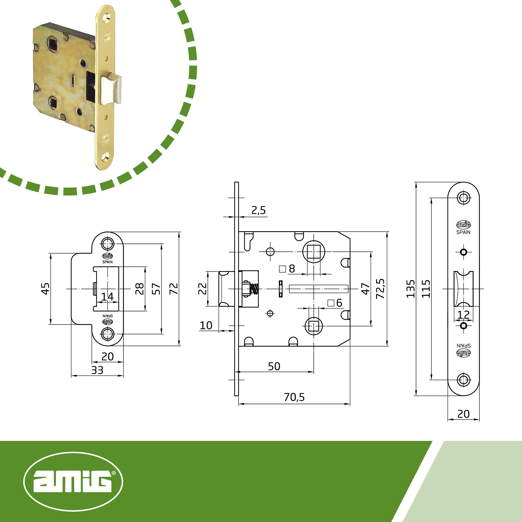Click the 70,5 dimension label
coord(294,397)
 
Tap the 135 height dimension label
coord(410,289)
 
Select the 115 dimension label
coord(426,289)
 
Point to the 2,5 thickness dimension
coord(259,210)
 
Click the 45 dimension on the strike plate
coord(45,289)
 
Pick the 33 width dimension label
coord(97,370)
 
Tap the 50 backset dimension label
coord(274,366)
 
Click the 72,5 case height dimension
coord(381,289)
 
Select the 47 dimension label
coord(365,289)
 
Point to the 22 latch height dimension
coord(202,289)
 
